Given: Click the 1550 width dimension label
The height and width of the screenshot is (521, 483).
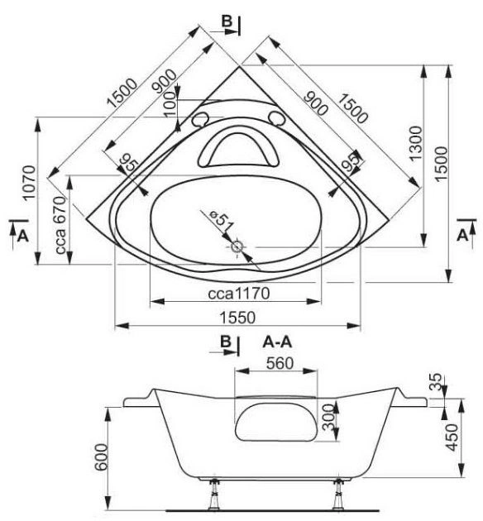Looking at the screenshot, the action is tap(238, 318).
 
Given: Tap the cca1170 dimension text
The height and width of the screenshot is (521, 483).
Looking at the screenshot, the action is tap(239, 294).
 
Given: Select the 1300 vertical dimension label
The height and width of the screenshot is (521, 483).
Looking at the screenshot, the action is tap(415, 143).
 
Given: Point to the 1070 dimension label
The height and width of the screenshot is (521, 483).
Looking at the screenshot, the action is tap(29, 182).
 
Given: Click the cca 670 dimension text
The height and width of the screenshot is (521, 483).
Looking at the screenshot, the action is tap(61, 225).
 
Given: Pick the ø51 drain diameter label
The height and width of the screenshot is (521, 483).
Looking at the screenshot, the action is tap(222, 221).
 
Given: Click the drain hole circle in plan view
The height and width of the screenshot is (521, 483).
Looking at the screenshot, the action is tap(237, 247).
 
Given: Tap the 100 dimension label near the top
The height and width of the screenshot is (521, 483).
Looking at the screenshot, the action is tap(170, 104).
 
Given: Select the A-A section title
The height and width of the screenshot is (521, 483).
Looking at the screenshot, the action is tap(277, 342).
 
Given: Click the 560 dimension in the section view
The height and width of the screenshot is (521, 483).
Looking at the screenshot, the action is tap(280, 363).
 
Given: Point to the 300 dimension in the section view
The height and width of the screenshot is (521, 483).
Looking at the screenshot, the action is tap(328, 418).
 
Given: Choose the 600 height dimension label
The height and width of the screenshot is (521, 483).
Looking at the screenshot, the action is tap(101, 457).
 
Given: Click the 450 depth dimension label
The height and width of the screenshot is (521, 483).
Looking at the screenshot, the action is tap(452, 437).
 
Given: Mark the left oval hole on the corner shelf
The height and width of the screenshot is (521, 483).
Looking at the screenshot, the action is tap(199, 119).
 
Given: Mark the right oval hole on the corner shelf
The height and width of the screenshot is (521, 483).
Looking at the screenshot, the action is tap(277, 118).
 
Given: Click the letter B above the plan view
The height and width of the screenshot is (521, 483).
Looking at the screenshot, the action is tap(227, 21).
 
